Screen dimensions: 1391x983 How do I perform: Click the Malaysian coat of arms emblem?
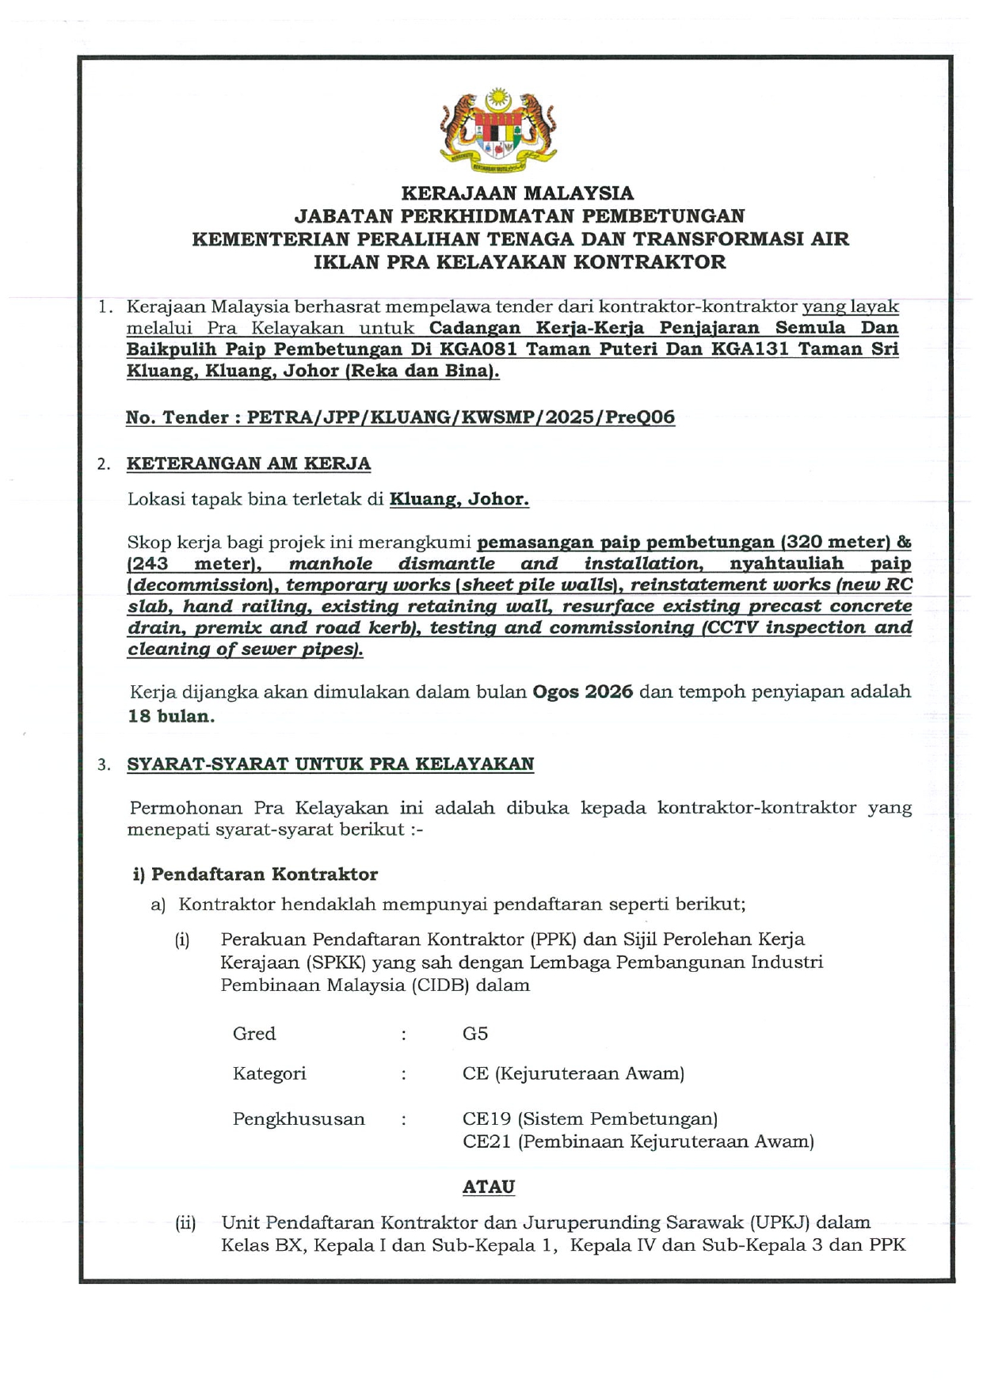pos(497,130)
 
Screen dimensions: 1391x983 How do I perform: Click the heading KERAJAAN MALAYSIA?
pos(517,193)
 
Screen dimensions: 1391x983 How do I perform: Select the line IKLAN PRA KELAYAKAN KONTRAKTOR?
pos(520,262)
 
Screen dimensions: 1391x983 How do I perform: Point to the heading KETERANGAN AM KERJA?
pos(249,463)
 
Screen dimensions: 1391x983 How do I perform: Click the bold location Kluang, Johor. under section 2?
pos(459,499)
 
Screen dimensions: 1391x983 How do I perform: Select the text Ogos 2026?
pos(582,692)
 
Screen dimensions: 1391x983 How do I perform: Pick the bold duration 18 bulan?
pos(170,716)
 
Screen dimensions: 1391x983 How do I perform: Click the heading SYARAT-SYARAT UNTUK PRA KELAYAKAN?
pos(330,764)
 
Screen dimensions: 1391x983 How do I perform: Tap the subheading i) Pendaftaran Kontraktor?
pos(255,875)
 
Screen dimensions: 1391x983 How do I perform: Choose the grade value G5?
pos(475,1034)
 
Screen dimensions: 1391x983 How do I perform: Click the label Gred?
pos(254,1034)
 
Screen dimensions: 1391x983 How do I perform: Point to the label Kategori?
pos(269,1074)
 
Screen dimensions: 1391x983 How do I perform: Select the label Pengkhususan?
pos(299,1119)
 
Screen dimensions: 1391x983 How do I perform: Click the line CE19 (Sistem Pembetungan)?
pos(590,1119)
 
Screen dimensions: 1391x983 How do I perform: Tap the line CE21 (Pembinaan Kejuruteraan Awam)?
pos(638,1141)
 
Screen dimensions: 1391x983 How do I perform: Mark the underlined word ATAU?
pos(488,1187)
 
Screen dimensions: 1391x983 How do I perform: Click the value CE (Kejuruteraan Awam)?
pos(573,1074)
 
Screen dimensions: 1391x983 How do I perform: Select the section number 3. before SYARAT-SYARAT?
pos(104,765)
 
